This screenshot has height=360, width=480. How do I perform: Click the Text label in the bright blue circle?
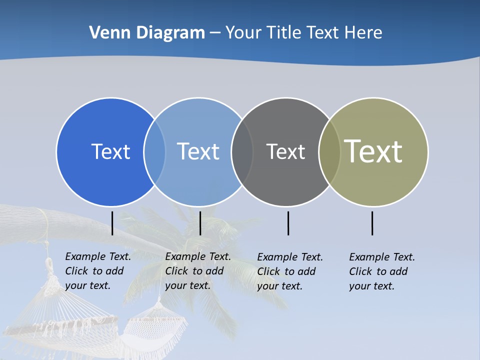coord(110,151)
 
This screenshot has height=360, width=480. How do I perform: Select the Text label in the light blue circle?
coord(198,151)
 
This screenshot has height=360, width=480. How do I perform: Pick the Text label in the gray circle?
coord(285,151)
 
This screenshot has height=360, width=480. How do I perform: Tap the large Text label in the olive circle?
coord(373,151)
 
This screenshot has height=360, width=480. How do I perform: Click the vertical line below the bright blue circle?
coord(112,223)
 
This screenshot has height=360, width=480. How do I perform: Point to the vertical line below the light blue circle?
coord(200,223)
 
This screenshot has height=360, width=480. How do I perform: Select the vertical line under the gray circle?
coord(288,223)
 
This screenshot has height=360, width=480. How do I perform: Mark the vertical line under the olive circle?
coord(372,223)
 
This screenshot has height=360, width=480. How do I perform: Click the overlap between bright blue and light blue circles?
coord(154,151)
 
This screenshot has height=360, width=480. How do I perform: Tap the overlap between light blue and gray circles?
coord(242,151)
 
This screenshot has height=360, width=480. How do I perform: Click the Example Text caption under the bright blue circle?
coord(98,271)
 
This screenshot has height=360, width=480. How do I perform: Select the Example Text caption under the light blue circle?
coord(198,271)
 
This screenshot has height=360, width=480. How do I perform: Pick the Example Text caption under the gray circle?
coord(290,271)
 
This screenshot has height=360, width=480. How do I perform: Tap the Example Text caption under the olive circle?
coord(382,271)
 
